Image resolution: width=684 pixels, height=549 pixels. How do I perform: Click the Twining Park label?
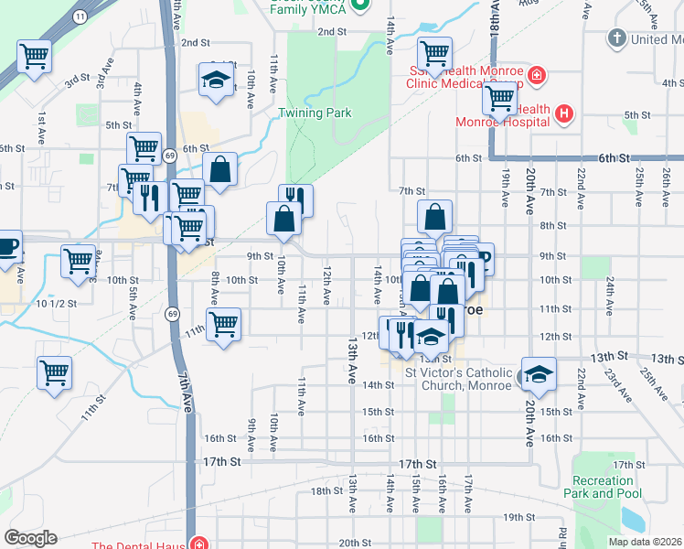314,113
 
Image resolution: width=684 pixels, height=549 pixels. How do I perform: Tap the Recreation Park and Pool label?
602,487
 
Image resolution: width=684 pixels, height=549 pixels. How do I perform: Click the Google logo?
30,538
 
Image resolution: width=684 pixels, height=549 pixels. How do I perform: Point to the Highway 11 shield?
80,17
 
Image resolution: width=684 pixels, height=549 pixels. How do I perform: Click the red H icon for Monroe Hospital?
564,114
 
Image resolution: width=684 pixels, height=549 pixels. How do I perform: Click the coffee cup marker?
7,244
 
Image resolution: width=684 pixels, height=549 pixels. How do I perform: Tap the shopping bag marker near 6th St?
219,169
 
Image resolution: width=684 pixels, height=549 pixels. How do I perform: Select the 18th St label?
325,491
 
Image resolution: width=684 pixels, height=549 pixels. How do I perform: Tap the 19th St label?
518,517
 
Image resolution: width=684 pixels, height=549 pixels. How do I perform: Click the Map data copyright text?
646,542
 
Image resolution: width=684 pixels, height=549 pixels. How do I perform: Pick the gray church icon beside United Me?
616,39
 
